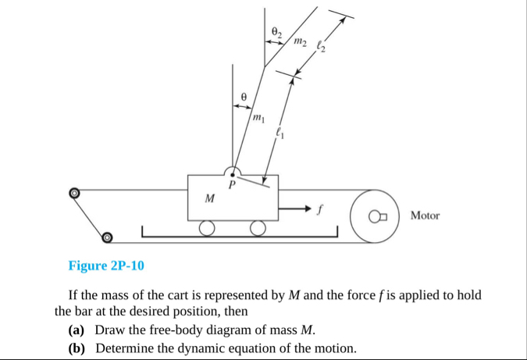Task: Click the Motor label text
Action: (425, 215)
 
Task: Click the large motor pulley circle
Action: (376, 214)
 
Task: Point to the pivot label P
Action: (231, 187)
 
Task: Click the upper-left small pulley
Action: (74, 191)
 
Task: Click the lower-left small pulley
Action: (108, 237)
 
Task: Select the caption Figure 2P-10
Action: (106, 266)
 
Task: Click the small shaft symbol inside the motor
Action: (377, 216)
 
